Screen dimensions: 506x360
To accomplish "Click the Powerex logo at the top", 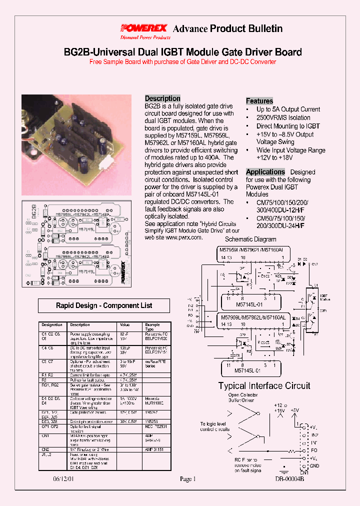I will tap(144, 28).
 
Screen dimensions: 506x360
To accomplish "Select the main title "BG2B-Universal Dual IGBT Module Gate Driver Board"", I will tap(183, 52).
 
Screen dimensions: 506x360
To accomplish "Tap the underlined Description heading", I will tap(162, 98).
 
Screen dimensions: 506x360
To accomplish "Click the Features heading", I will tap(259, 101).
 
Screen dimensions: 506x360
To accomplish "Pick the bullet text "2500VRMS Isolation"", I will tap(283, 118).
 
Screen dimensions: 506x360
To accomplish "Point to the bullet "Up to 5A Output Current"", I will tap(288, 109).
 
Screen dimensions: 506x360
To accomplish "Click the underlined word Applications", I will tap(265, 172).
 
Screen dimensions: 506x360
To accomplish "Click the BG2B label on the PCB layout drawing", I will tap(34, 210).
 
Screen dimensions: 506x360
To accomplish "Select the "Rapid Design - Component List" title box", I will tap(104, 305).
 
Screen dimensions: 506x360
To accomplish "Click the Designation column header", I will tap(52, 325).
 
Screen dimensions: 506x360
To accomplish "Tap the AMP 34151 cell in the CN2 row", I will tap(154, 449).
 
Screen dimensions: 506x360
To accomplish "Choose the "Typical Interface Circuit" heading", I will tap(264, 385).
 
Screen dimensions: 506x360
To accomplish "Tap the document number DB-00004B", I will tap(289, 479).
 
